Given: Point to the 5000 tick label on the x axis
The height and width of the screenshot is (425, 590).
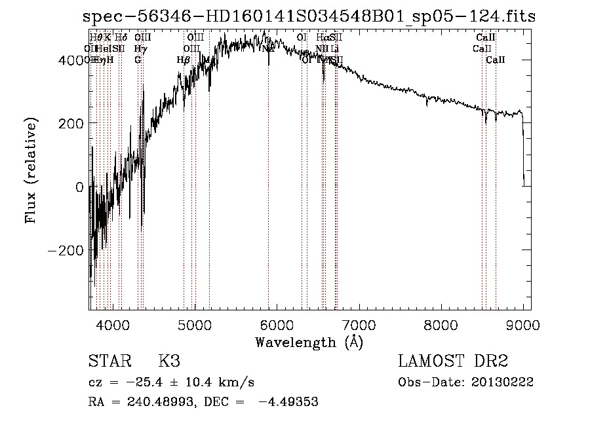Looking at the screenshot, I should (x=195, y=324).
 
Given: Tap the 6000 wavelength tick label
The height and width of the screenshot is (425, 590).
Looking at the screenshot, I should (x=277, y=324).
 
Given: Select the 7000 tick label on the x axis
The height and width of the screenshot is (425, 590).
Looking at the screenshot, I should (x=359, y=324).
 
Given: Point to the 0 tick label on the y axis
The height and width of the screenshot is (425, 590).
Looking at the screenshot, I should (x=79, y=187).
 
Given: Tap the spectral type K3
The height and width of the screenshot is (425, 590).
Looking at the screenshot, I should (x=169, y=361).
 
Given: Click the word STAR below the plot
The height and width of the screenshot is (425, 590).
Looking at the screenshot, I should (x=108, y=361).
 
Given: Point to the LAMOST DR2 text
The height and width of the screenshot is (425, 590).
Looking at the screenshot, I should (x=453, y=361).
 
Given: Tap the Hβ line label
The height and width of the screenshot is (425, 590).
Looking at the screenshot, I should (x=183, y=60).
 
